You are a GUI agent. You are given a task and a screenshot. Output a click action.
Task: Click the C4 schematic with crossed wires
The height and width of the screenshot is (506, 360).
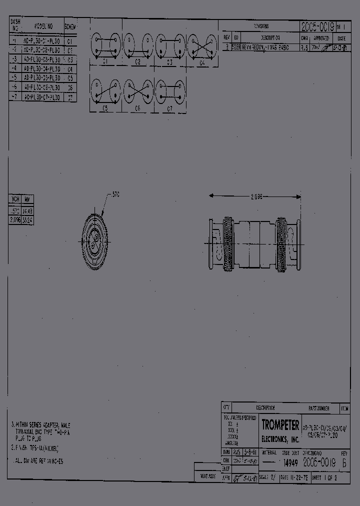pos(202,46)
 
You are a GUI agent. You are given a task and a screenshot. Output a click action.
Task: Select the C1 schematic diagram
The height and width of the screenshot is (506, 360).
pos(105,46)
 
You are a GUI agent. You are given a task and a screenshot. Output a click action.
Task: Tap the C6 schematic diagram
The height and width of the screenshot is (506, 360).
pos(138,91)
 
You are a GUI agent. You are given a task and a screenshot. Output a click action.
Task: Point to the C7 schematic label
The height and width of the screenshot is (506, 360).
pos(170,108)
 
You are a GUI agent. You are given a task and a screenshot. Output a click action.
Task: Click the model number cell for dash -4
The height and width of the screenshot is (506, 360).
pos(42,68)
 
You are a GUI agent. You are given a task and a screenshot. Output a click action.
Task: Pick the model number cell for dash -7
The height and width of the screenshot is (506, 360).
pos(42,97)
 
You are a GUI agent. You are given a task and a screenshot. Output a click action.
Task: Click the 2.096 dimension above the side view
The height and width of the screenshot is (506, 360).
pos(256,197)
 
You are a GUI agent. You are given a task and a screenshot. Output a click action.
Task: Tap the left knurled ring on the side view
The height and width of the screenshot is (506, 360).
pos(227,244)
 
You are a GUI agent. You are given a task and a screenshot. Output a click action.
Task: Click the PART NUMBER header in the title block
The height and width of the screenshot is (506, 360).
pos(319,408)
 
